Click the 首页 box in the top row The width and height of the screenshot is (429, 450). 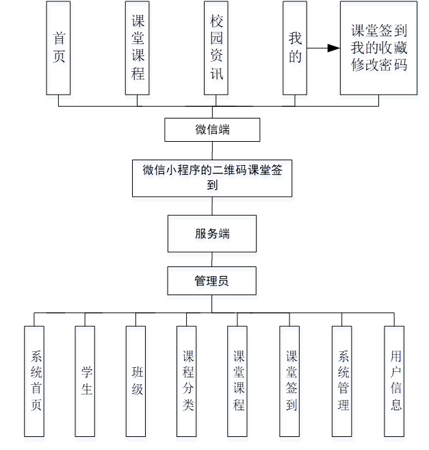(58, 48)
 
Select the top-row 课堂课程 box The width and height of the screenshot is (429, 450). (138, 48)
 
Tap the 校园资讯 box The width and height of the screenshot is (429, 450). (216, 48)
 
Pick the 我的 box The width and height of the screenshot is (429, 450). (295, 48)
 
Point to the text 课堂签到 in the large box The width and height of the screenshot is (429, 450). (378, 31)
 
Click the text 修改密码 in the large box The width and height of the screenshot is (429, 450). (378, 66)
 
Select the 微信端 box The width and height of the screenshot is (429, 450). (212, 129)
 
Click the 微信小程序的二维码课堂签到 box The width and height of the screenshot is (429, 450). (212, 177)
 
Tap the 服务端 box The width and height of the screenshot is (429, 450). (212, 234)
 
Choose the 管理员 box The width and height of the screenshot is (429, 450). (212, 281)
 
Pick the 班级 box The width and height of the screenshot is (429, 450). (137, 381)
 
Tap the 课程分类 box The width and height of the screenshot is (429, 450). (188, 381)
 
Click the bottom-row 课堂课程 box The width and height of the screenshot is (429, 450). (238, 381)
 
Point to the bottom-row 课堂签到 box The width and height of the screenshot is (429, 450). (291, 381)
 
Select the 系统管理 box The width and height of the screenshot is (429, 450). (343, 381)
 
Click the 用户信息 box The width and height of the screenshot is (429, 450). (395, 381)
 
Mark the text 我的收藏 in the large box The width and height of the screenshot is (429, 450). (378, 48)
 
